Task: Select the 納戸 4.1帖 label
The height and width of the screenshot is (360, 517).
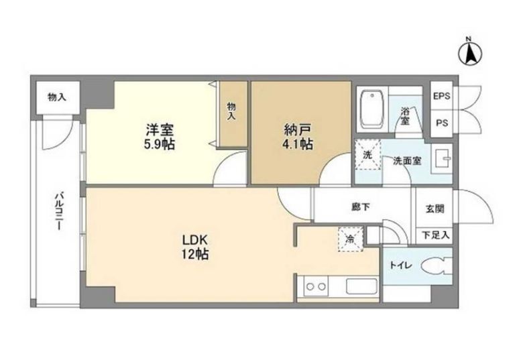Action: pyautogui.click(x=295, y=137)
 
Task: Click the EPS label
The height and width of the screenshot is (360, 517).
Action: pyautogui.click(x=441, y=97)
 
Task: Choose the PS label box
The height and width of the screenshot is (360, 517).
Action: pyautogui.click(x=441, y=123)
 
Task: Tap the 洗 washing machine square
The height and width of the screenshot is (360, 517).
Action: pyautogui.click(x=367, y=154)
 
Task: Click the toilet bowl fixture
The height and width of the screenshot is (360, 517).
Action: pyautogui.click(x=436, y=265)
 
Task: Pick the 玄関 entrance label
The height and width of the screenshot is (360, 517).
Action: pyautogui.click(x=434, y=208)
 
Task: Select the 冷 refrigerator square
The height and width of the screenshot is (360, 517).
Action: pyautogui.click(x=351, y=238)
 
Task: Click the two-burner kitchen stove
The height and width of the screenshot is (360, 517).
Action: pyautogui.click(x=315, y=286)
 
